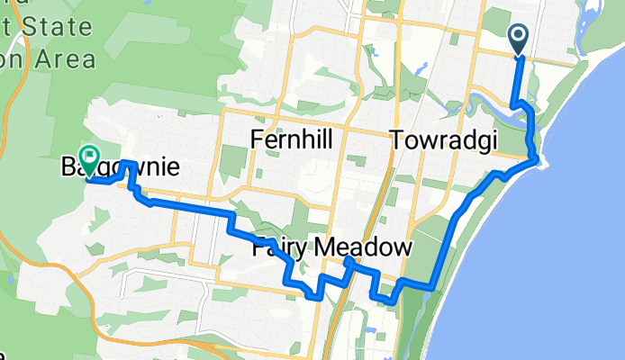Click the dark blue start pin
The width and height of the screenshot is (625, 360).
click(x=520, y=39)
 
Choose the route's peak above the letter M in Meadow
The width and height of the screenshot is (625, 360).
click(x=348, y=260)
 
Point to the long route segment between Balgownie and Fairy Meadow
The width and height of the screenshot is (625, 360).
click(x=189, y=209)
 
